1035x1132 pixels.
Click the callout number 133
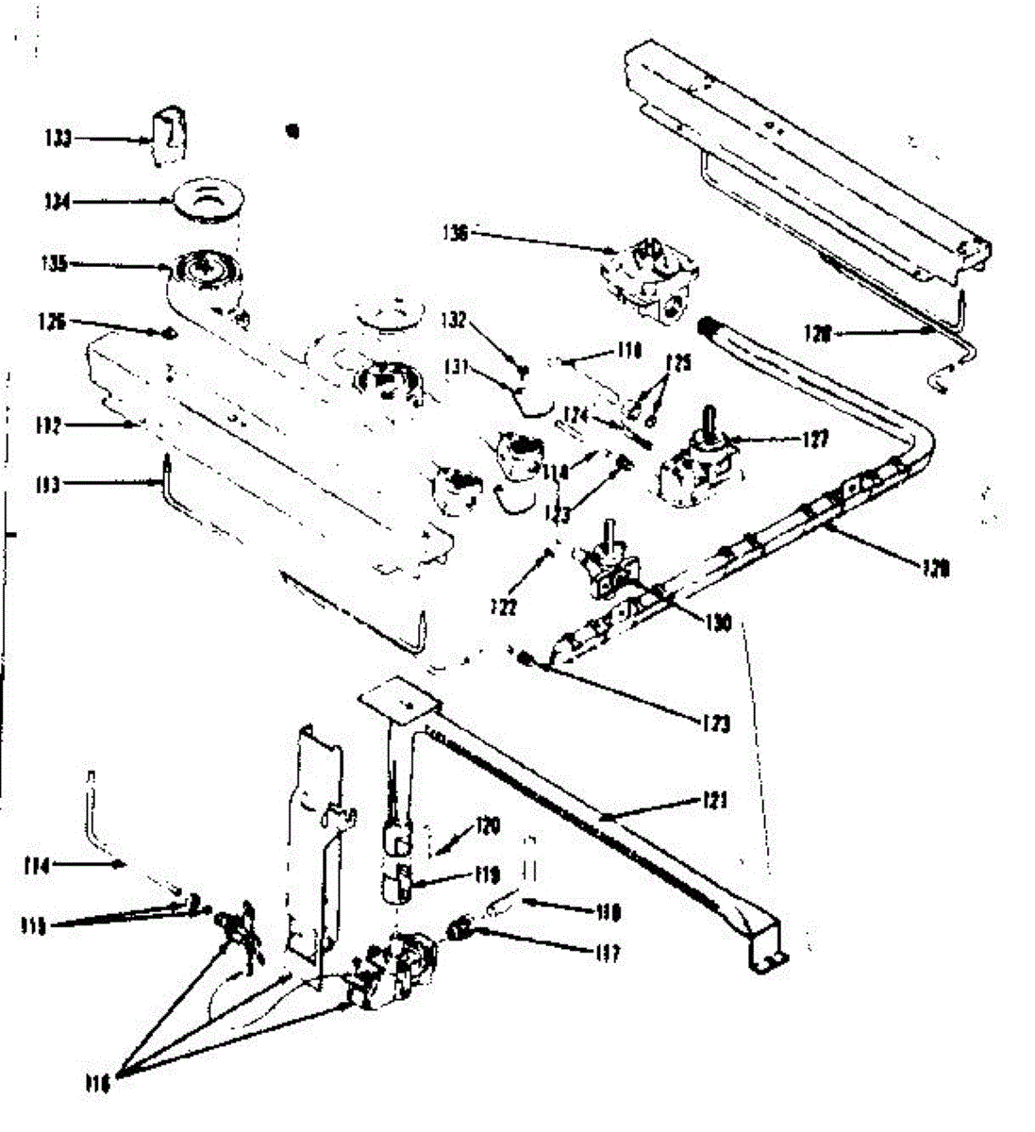tap(57, 139)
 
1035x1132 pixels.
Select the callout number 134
tap(57, 201)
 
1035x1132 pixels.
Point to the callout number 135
tap(56, 264)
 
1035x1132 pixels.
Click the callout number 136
tap(456, 232)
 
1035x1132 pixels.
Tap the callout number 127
tap(817, 439)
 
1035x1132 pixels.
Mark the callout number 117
tap(608, 955)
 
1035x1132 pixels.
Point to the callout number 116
tap(97, 1086)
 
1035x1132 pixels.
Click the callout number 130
tap(719, 623)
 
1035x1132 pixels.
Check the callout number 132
tap(455, 322)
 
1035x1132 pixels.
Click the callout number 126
tap(53, 322)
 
